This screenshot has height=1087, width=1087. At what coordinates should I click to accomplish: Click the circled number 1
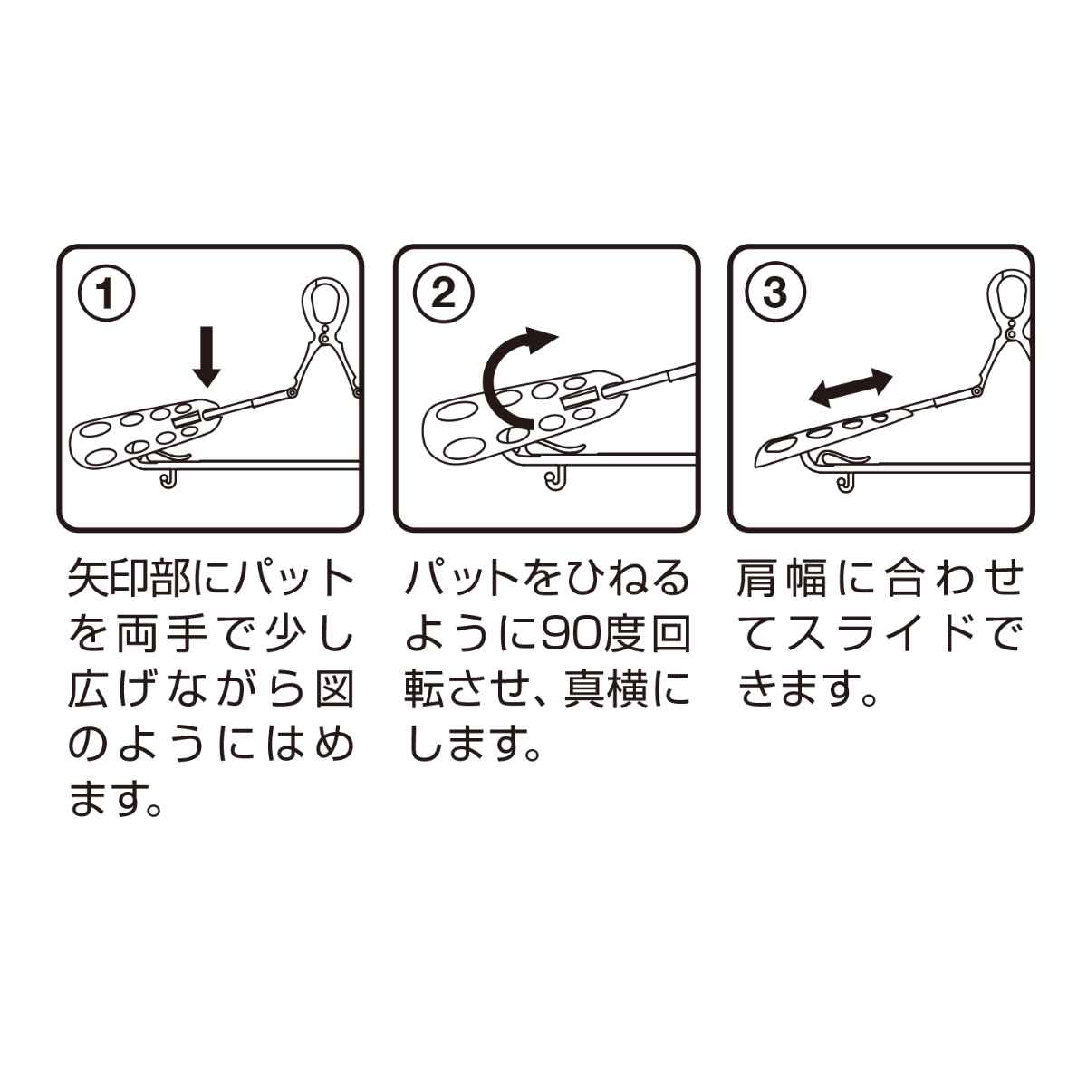[106, 293]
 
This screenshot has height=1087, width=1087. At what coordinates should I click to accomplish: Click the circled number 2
[443, 293]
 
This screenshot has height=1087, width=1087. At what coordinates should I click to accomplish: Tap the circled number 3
[775, 293]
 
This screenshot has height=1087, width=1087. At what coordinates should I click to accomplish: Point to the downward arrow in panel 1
[207, 357]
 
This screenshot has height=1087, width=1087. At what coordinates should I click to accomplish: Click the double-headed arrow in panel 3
[851, 387]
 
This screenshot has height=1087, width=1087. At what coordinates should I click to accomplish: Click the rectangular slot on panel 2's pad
[580, 400]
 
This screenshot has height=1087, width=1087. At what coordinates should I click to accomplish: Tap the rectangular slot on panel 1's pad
[190, 420]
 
